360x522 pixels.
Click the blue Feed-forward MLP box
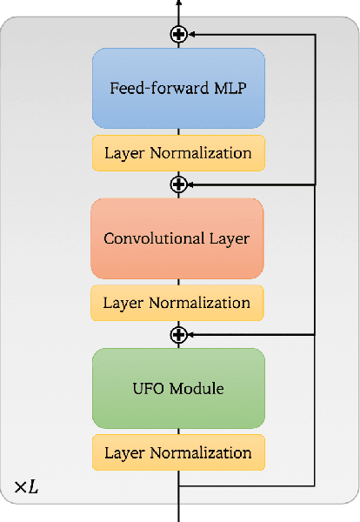point(178,89)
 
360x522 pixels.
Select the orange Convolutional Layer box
point(177,238)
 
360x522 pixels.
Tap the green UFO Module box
point(178,388)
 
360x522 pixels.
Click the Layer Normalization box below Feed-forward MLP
point(178,154)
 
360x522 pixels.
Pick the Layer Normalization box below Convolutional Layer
point(177,304)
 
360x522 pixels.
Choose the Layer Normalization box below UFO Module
point(178,453)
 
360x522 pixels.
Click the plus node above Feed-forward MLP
point(179,34)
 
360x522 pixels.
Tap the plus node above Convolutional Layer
point(179,184)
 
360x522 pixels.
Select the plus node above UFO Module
point(179,333)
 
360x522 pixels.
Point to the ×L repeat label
point(26,487)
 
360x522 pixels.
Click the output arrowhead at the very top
point(179,3)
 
